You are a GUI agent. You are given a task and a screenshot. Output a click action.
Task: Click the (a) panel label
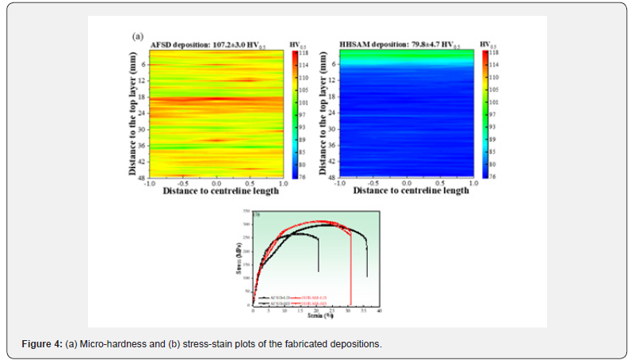coord(136,36)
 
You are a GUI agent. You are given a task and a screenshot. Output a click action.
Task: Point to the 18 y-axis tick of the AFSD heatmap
coord(142,97)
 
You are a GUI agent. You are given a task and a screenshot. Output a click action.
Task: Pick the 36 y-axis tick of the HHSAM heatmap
coord(331,144)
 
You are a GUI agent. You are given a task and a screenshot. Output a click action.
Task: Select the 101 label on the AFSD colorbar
coord(303,102)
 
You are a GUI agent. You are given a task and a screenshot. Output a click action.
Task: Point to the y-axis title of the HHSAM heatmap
coord(322,113)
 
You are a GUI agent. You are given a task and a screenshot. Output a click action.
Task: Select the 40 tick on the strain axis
coord(380,312)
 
